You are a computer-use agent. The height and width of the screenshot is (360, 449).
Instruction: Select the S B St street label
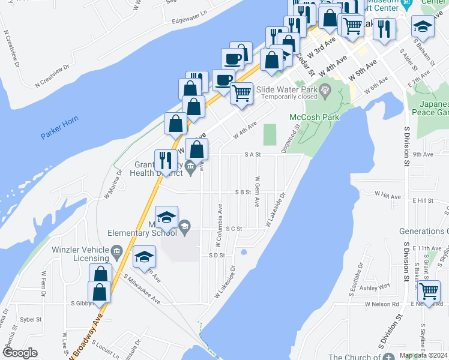point(242,192)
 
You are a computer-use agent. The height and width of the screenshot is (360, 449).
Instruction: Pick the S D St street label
point(216,255)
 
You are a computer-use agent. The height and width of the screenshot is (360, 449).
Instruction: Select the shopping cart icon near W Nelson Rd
point(429,291)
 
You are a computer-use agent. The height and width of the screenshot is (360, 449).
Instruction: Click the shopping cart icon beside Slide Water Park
point(241,92)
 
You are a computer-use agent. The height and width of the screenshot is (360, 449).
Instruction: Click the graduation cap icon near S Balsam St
point(423,26)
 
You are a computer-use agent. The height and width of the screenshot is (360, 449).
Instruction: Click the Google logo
point(20,353)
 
